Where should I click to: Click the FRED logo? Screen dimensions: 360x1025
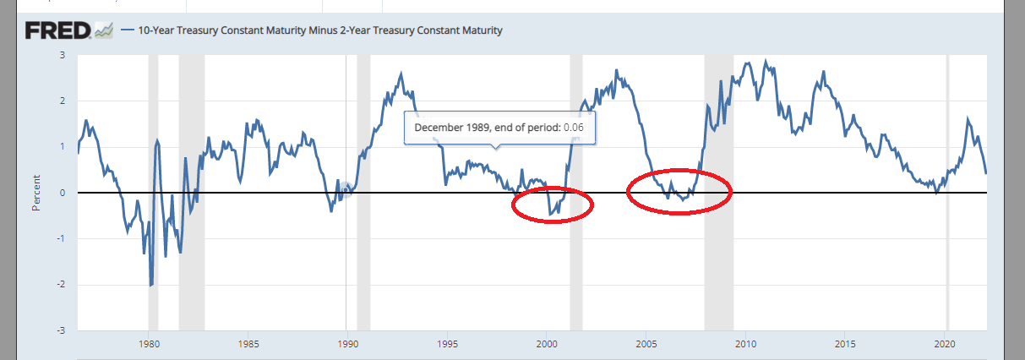pyautogui.click(x=57, y=31)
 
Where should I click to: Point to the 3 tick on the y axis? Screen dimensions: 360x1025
pyautogui.click(x=63, y=55)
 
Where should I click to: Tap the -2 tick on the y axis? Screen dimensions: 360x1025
pyautogui.click(x=61, y=285)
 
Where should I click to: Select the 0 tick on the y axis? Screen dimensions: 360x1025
pyautogui.click(x=63, y=193)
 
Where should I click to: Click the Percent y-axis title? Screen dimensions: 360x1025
pyautogui.click(x=35, y=193)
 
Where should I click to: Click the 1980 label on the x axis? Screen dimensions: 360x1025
pyautogui.click(x=149, y=344)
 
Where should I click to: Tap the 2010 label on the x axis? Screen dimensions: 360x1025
pyautogui.click(x=745, y=344)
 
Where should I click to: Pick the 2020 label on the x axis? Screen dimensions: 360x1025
pyautogui.click(x=944, y=344)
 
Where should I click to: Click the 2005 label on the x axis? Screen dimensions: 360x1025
pyautogui.click(x=646, y=344)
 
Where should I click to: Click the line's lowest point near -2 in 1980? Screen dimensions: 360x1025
pyautogui.click(x=151, y=286)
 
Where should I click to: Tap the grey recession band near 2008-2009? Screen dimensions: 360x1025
pyautogui.click(x=719, y=254)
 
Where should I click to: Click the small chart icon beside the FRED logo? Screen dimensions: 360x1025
pyautogui.click(x=104, y=31)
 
